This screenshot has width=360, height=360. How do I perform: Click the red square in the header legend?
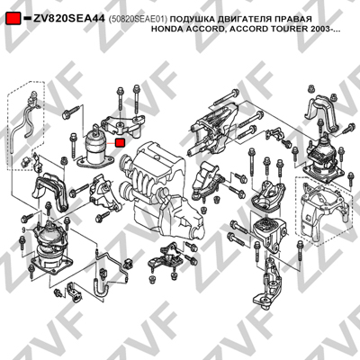pyautogui.click(x=13, y=19)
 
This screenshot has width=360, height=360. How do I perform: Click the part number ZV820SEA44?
pyautogui.click(x=69, y=19)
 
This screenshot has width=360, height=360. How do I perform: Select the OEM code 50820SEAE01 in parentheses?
pyautogui.click(x=138, y=19)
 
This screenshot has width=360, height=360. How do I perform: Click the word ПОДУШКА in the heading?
pyautogui.click(x=193, y=19)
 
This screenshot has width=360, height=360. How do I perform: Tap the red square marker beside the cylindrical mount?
pyautogui.click(x=121, y=142)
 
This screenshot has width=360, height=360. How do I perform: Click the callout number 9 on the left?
pyautogui.click(x=23, y=230)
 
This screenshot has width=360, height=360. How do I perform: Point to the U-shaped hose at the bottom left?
pyautogui.click(x=101, y=290)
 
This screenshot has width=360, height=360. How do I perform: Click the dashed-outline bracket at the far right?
pyautogui.click(x=322, y=210)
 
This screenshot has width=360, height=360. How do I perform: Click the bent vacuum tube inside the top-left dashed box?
pyautogui.click(x=23, y=126)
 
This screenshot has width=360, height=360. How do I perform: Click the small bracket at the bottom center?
pyautogui.click(x=166, y=258)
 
